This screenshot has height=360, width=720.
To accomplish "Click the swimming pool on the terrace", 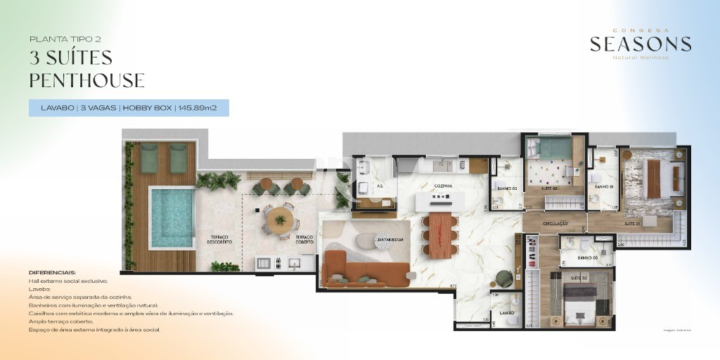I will (172, 217).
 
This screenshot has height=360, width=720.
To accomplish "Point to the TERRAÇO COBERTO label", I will (305, 239).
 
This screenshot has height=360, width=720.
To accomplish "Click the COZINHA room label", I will (442, 186).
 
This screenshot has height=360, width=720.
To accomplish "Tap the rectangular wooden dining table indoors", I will (439, 234).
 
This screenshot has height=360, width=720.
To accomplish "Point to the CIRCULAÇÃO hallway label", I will (555, 223).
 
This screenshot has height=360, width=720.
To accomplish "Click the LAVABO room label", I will (506, 313).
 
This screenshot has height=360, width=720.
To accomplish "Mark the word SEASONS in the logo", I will (640, 44).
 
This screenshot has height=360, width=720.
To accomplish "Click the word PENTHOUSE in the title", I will (86, 81).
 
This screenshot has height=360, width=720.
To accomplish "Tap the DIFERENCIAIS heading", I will (52, 272).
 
